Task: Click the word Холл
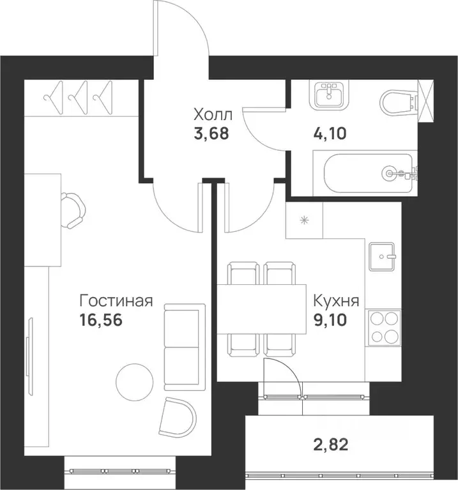tap(213, 116)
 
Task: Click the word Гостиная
tap(116, 300)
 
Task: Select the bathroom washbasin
tap(330, 95)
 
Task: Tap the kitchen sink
tap(383, 257)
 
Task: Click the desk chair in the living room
tap(73, 210)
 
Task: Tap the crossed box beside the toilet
tap(425, 100)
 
